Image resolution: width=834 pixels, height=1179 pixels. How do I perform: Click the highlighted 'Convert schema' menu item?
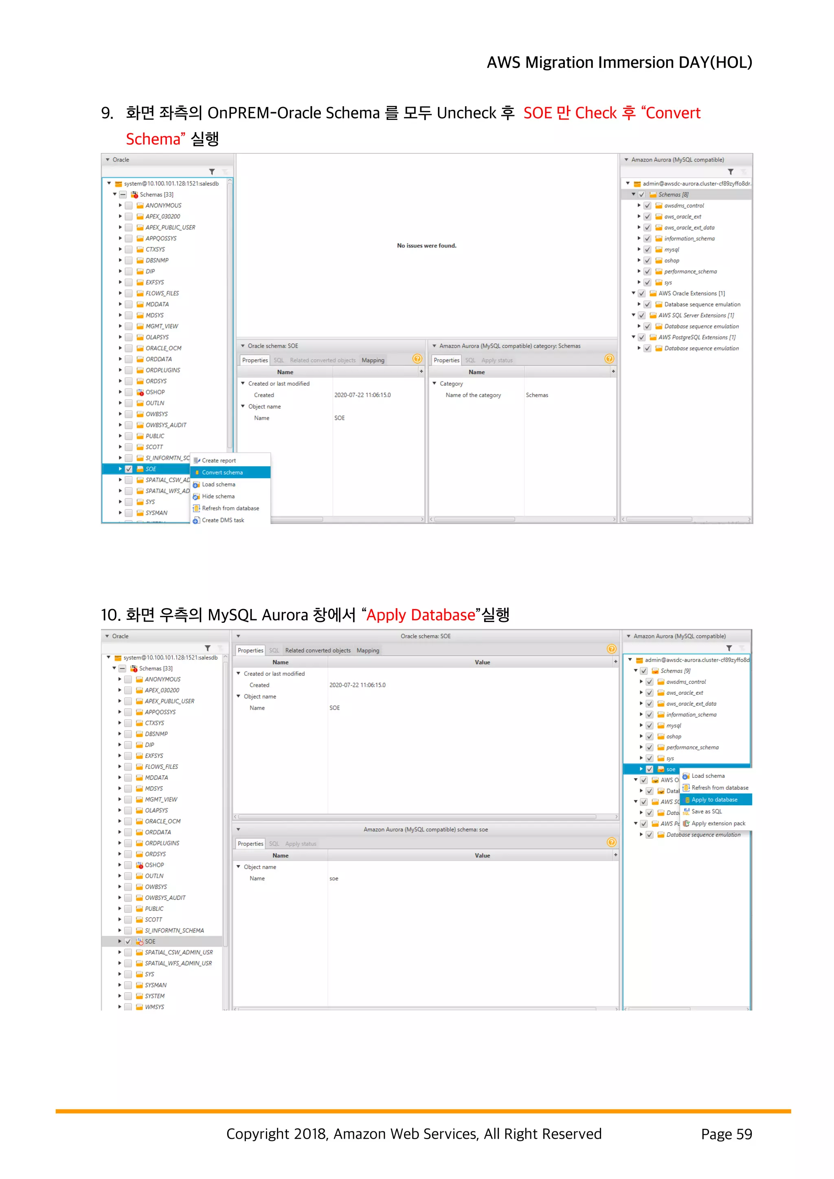(222, 472)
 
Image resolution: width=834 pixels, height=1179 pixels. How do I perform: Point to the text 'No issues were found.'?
(426, 245)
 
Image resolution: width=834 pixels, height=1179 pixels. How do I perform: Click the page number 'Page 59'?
(726, 1134)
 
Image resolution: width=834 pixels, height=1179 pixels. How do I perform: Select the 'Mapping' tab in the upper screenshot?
(373, 360)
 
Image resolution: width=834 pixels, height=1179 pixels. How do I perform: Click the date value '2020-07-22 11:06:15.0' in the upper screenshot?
(362, 395)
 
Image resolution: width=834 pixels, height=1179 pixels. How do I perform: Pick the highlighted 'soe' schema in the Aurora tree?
(671, 769)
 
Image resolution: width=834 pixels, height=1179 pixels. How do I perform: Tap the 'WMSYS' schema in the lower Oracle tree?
(154, 1007)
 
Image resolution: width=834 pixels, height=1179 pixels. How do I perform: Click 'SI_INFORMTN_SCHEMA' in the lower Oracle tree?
(174, 930)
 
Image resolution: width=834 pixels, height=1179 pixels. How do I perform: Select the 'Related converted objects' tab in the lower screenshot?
(318, 650)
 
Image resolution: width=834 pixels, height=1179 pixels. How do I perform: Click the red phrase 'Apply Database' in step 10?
(420, 615)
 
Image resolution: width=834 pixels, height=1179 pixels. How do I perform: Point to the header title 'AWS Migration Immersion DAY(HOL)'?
(619, 62)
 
